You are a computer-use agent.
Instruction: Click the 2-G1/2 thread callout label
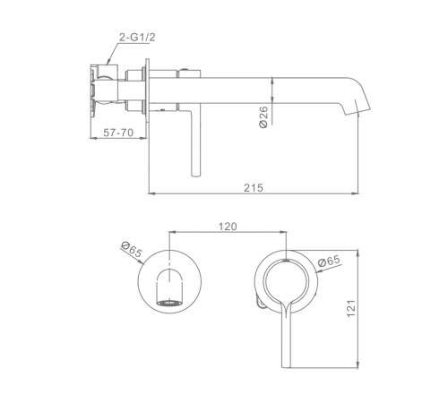(x=137, y=38)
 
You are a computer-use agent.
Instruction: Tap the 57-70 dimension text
(x=118, y=133)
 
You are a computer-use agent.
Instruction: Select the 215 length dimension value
(x=254, y=188)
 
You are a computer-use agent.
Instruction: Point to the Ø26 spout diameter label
(x=263, y=116)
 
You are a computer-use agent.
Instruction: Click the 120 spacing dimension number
(x=228, y=227)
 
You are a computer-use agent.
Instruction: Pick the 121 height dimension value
(x=351, y=308)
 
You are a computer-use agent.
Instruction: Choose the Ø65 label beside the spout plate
(x=131, y=250)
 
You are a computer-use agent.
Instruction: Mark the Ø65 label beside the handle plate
(x=329, y=261)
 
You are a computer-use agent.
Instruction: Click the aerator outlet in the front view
(x=169, y=303)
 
